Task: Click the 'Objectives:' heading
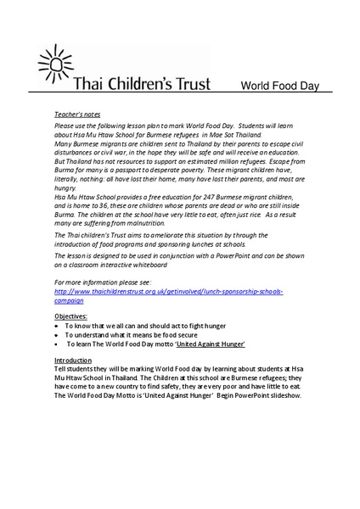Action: click(x=71, y=316)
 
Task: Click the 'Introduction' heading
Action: click(x=72, y=361)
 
